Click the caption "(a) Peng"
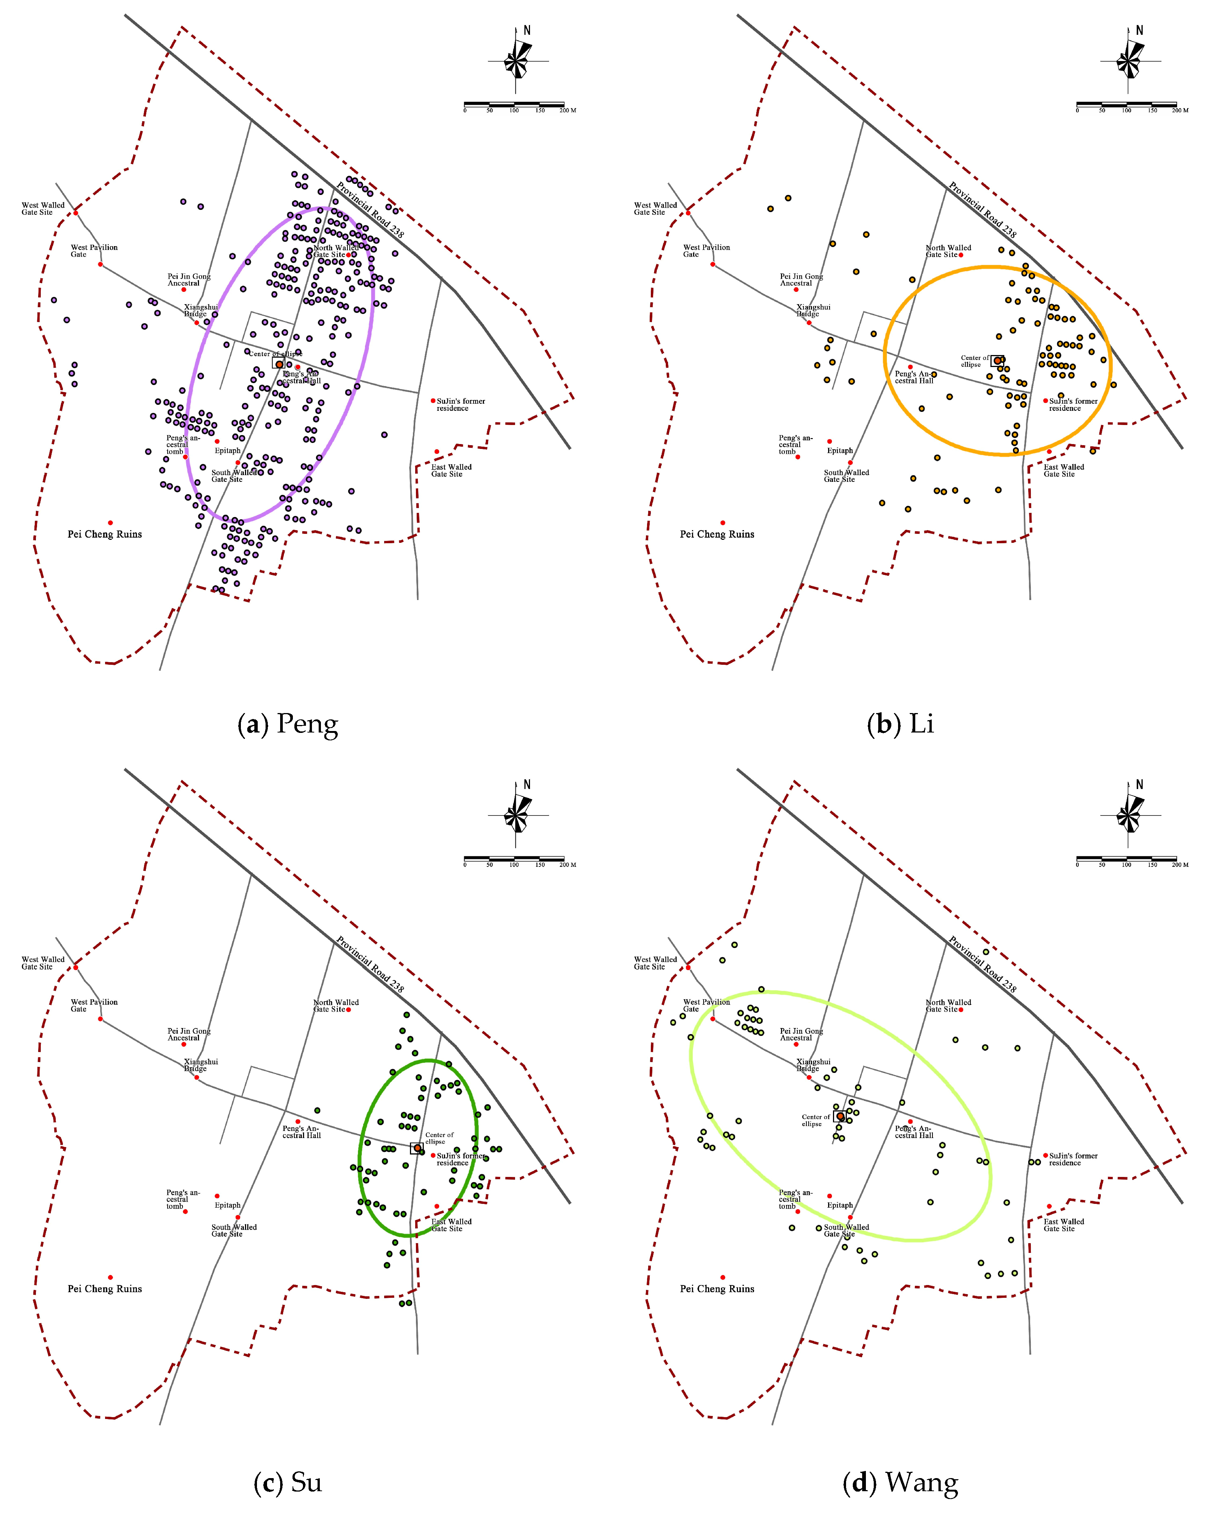click(288, 724)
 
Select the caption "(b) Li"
click(900, 724)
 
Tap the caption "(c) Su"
click(288, 1482)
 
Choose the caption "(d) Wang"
click(900, 1482)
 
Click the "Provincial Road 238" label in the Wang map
click(982, 964)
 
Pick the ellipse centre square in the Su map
click(417, 1149)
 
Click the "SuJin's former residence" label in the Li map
click(1073, 405)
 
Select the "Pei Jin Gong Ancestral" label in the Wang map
click(801, 1034)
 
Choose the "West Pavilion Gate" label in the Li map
click(706, 251)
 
